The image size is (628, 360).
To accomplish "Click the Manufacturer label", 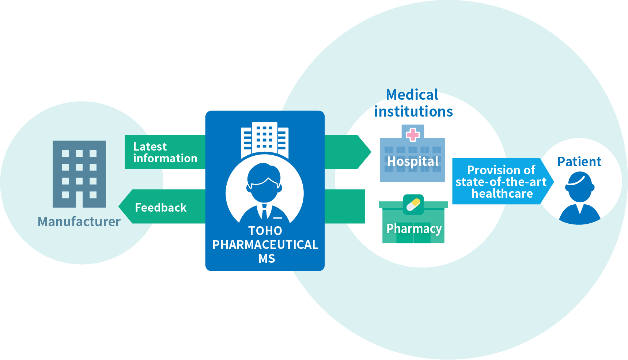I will tap(79, 221).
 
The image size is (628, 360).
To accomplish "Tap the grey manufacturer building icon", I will tap(79, 174).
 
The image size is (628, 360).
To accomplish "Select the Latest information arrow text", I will tap(165, 152).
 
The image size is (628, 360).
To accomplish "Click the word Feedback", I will tap(161, 208).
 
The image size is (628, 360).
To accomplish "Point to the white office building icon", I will tap(265, 139).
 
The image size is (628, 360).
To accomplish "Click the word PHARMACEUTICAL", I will tap(265, 245).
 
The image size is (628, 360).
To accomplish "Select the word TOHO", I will tap(265, 231).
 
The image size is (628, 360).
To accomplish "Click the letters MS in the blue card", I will tap(266, 258).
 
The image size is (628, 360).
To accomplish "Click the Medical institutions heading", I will tap(413, 103).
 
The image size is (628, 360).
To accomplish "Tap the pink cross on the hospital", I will tap(413, 134).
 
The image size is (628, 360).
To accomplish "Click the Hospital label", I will tap(413, 161).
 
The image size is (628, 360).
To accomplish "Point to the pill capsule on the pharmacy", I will tap(413, 204).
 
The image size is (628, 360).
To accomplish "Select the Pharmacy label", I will tap(414, 229).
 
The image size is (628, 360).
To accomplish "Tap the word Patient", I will tap(579, 162).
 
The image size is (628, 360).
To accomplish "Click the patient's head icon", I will tap(579, 186).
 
